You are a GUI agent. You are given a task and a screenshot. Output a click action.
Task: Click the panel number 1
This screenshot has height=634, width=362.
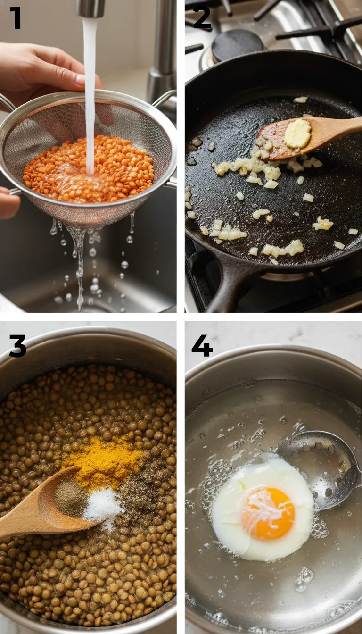(x=15, y=17)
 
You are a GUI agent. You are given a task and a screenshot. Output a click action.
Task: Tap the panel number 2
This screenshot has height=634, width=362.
(x=202, y=17)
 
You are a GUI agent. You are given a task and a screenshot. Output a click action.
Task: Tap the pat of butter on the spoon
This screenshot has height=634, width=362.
(x=297, y=133)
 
